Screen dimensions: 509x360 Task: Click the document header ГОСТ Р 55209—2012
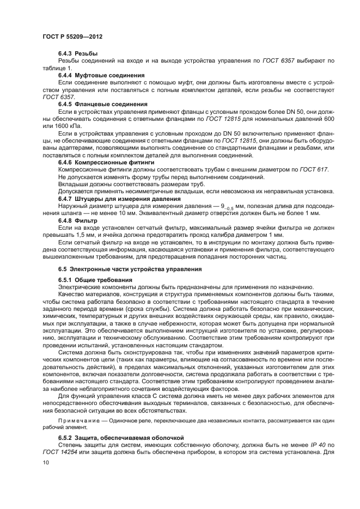click(72, 36)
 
